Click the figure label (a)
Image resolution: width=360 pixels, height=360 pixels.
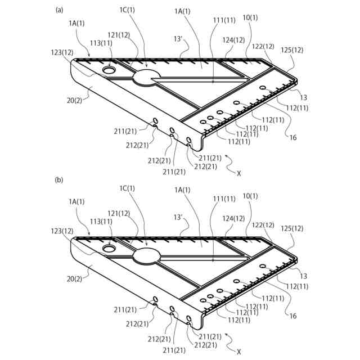(x=59, y=10)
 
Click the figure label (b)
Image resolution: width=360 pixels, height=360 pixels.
(x=59, y=181)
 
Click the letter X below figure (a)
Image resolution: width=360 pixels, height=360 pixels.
(x=238, y=173)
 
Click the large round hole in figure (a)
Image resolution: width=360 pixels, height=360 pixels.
(x=109, y=71)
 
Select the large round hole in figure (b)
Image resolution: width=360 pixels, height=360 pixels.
(x=109, y=247)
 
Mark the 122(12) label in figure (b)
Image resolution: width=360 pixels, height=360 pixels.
(x=263, y=226)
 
